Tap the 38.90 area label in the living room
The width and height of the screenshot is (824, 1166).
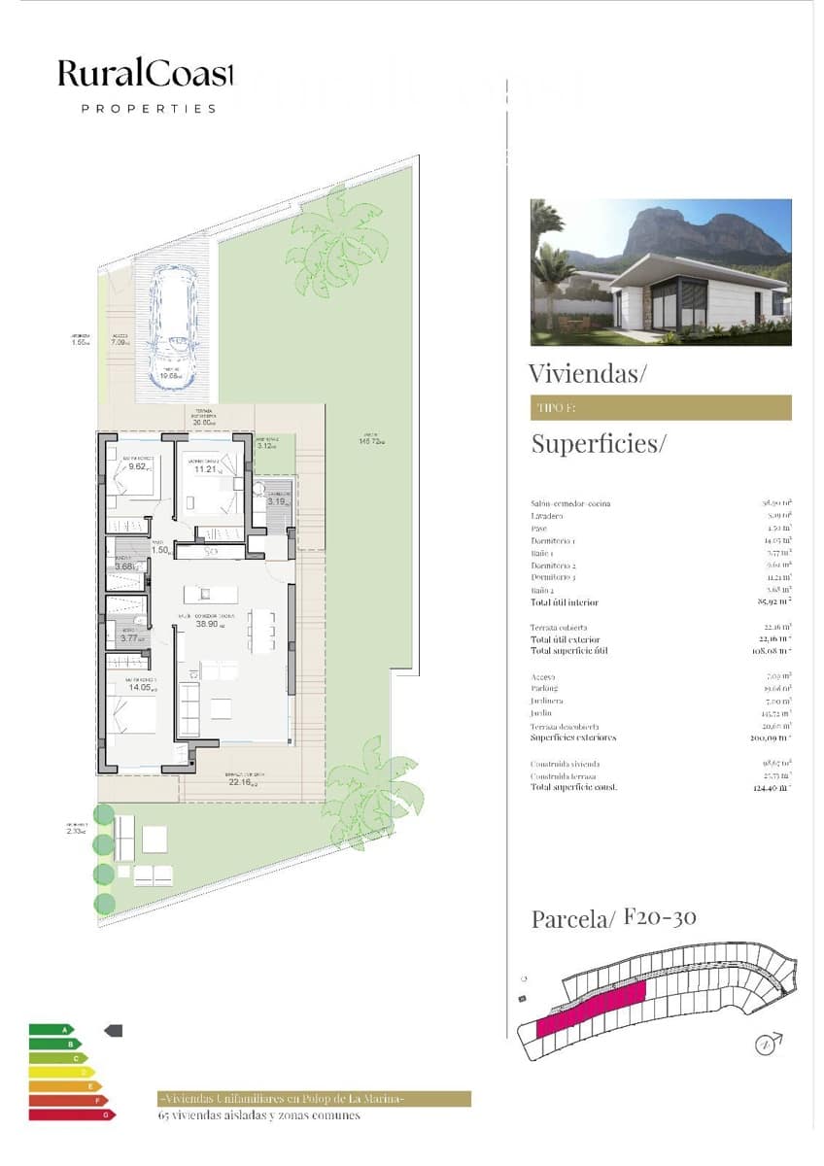click(205, 625)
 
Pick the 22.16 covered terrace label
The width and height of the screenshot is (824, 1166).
click(241, 781)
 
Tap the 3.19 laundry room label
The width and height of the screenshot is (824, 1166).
click(276, 502)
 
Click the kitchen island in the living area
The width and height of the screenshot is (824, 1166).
click(204, 594)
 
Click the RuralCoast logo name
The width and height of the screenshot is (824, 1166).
click(146, 73)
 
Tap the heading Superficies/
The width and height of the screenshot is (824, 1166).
click(599, 444)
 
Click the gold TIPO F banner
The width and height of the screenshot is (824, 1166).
click(661, 408)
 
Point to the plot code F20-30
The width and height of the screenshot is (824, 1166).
click(660, 916)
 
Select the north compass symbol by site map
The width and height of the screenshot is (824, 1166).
click(768, 1046)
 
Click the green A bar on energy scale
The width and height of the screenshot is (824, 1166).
click(51, 1029)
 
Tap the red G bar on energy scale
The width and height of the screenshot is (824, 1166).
click(71, 1115)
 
